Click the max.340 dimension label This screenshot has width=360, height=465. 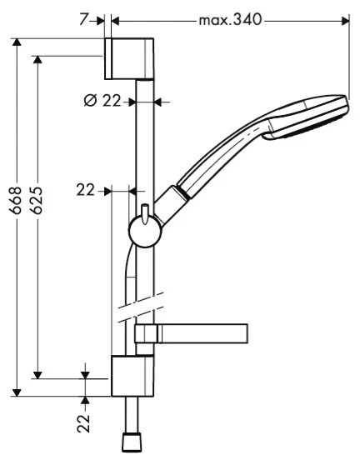coord(230,20)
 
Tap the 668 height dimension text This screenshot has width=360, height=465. coord(16,200)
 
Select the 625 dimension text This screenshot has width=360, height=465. coord(37,200)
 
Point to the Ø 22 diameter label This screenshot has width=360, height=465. coord(102,101)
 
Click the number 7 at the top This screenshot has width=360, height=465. coord(84,20)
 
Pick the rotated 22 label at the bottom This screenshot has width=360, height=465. coord(83,424)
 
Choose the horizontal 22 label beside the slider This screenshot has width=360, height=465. coord(85,190)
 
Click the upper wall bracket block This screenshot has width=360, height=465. coord(129,58)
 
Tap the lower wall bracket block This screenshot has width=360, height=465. coord(132,377)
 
